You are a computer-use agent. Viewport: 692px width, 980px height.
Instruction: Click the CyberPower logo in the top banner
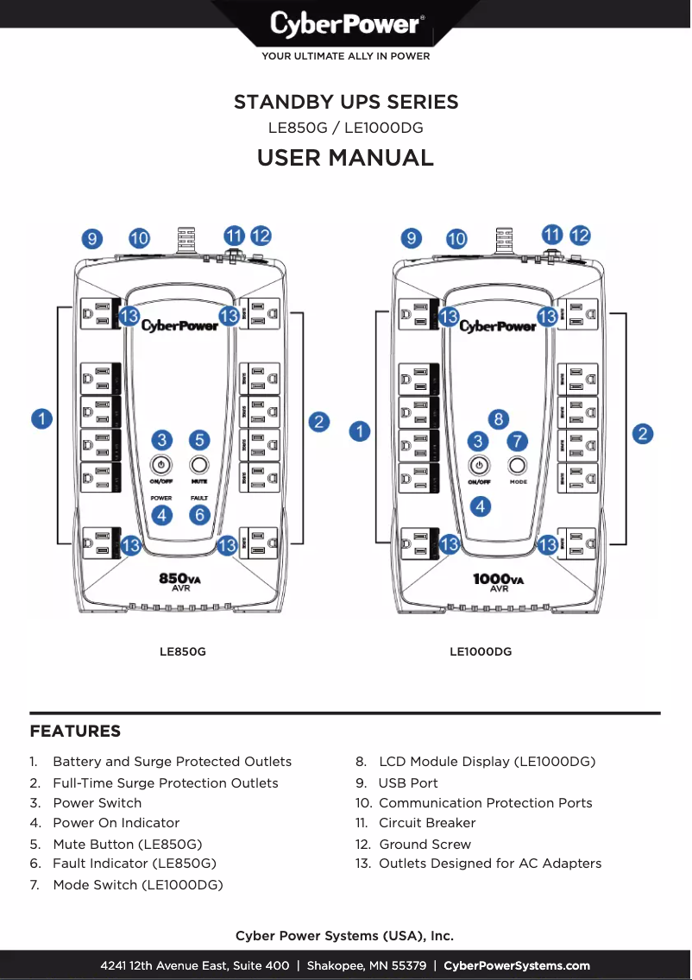346,24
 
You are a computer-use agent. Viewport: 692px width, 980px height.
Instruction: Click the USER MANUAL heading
345,158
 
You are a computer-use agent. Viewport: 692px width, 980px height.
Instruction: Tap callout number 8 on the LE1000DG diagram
498,419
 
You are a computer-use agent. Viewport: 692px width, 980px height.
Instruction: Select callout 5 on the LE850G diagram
199,440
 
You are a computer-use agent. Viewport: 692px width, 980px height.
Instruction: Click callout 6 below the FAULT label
199,515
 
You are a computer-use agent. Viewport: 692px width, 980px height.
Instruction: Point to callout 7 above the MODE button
517,440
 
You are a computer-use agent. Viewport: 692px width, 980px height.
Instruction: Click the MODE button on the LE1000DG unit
518,465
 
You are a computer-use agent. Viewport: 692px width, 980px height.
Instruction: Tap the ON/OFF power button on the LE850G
161,464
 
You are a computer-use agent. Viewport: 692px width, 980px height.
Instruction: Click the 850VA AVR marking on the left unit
180,581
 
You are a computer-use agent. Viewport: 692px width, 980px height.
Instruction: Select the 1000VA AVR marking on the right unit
499,581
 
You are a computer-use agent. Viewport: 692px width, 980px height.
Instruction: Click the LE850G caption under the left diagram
182,651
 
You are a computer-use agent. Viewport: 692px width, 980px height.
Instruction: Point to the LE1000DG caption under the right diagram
481,651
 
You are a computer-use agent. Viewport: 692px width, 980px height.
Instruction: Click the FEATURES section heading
75,732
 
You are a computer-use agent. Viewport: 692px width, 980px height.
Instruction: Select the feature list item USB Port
408,783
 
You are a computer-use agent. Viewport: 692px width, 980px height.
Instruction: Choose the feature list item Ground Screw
425,845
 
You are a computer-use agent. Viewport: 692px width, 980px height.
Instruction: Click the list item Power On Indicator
116,823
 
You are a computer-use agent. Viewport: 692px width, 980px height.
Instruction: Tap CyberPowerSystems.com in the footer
517,965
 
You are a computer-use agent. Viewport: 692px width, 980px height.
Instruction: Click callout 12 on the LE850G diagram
261,236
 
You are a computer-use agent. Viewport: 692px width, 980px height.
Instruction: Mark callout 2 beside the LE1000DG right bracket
642,433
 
